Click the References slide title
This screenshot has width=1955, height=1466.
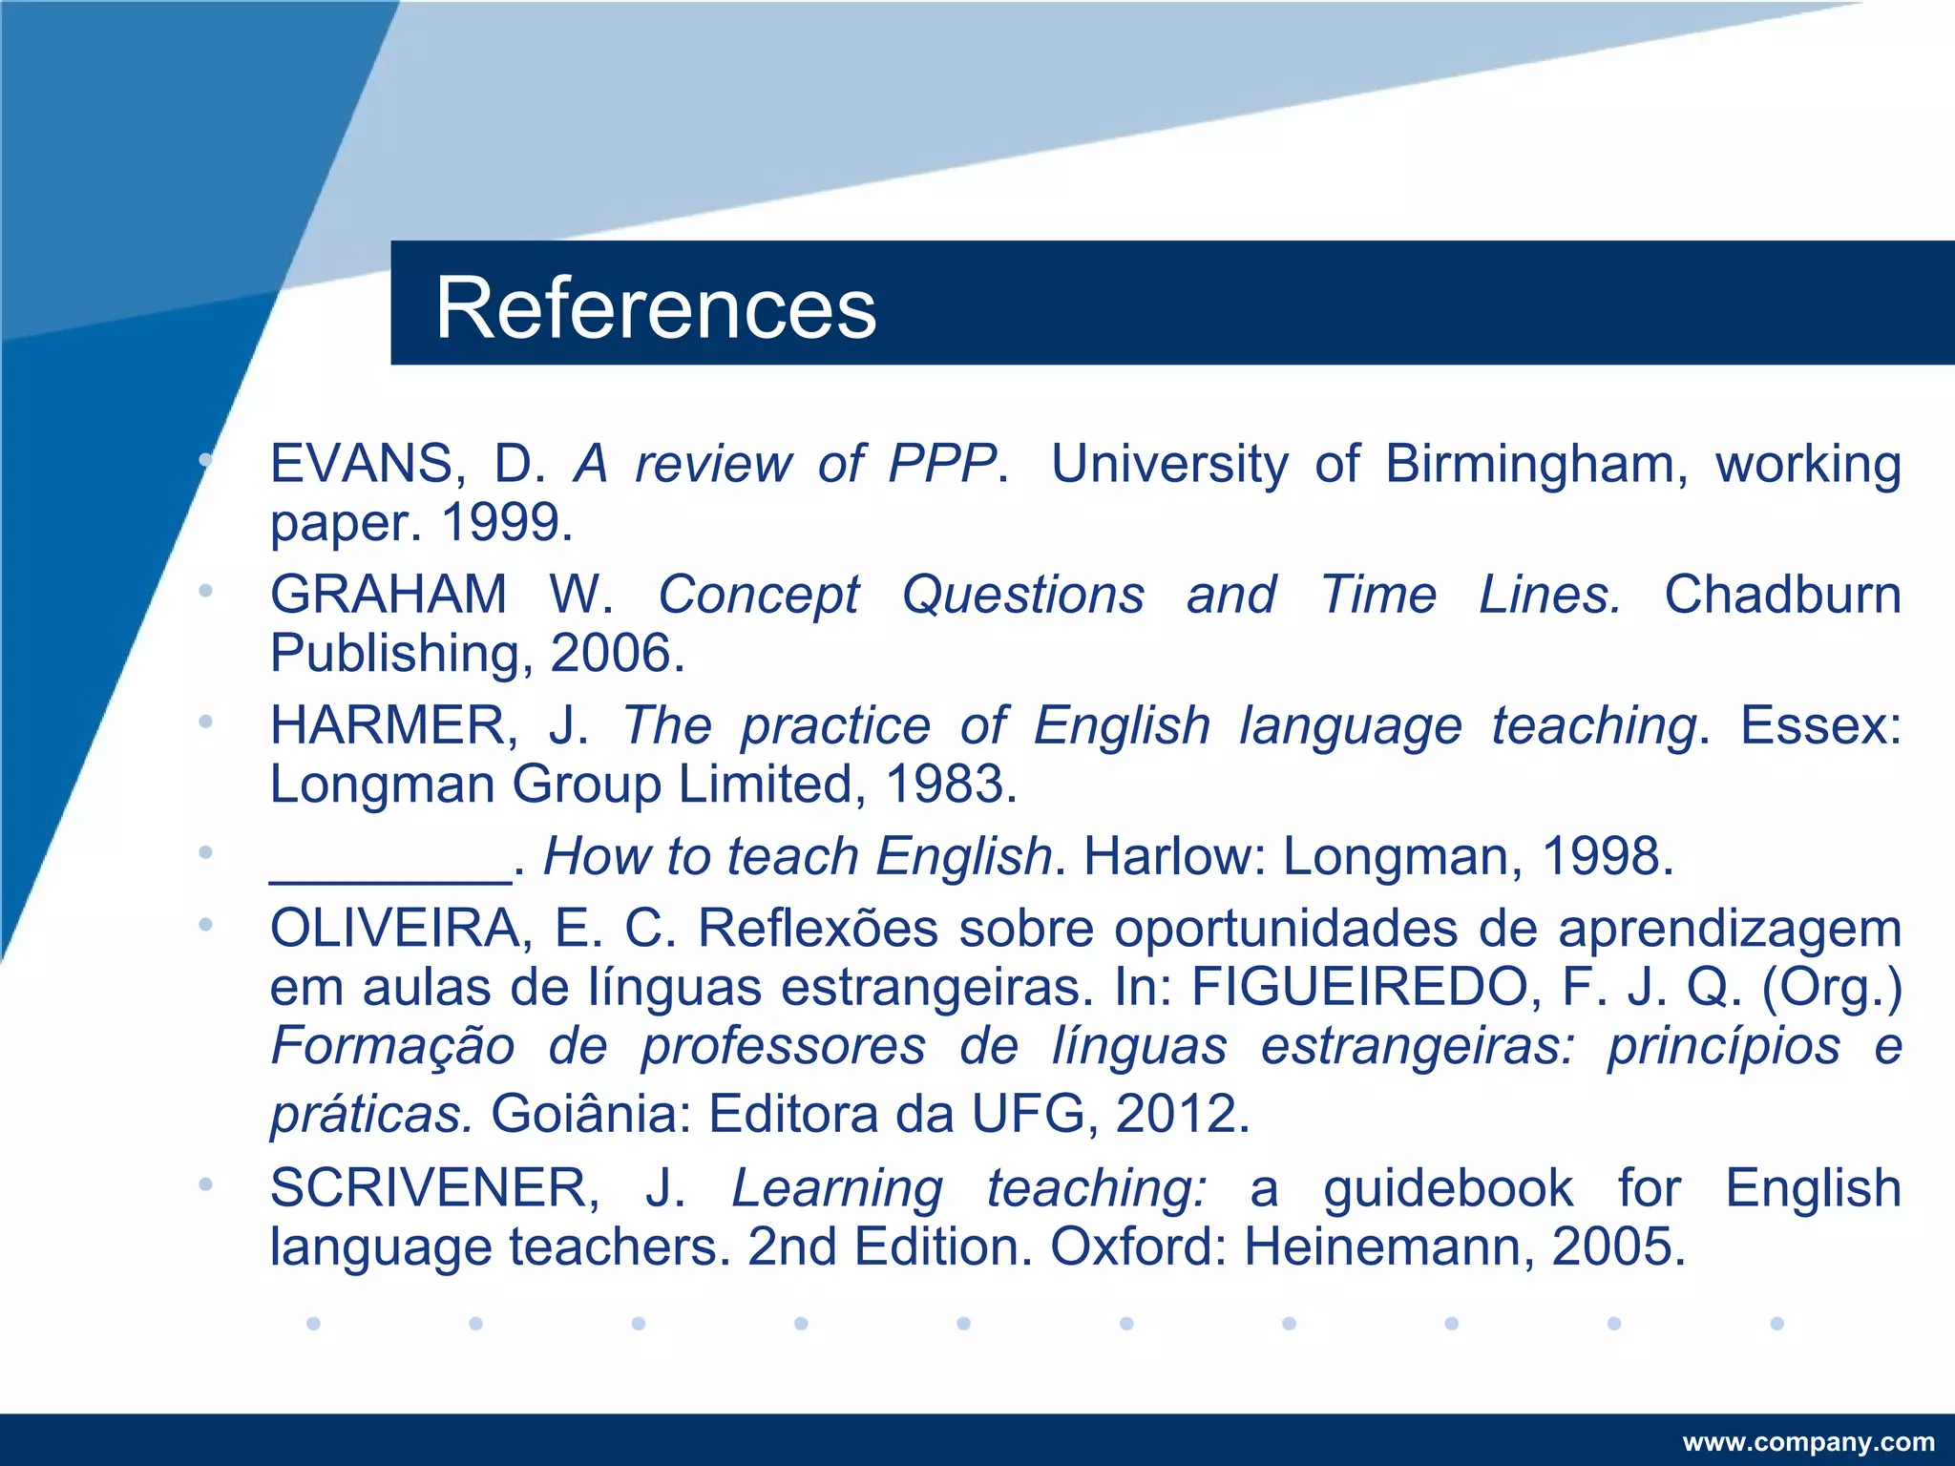pos(655,307)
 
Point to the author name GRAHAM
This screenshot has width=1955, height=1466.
pos(389,595)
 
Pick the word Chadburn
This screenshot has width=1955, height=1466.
pos(1782,595)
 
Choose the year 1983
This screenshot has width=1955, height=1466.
pos(948,785)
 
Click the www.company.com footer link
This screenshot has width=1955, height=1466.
pos(1808,1442)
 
